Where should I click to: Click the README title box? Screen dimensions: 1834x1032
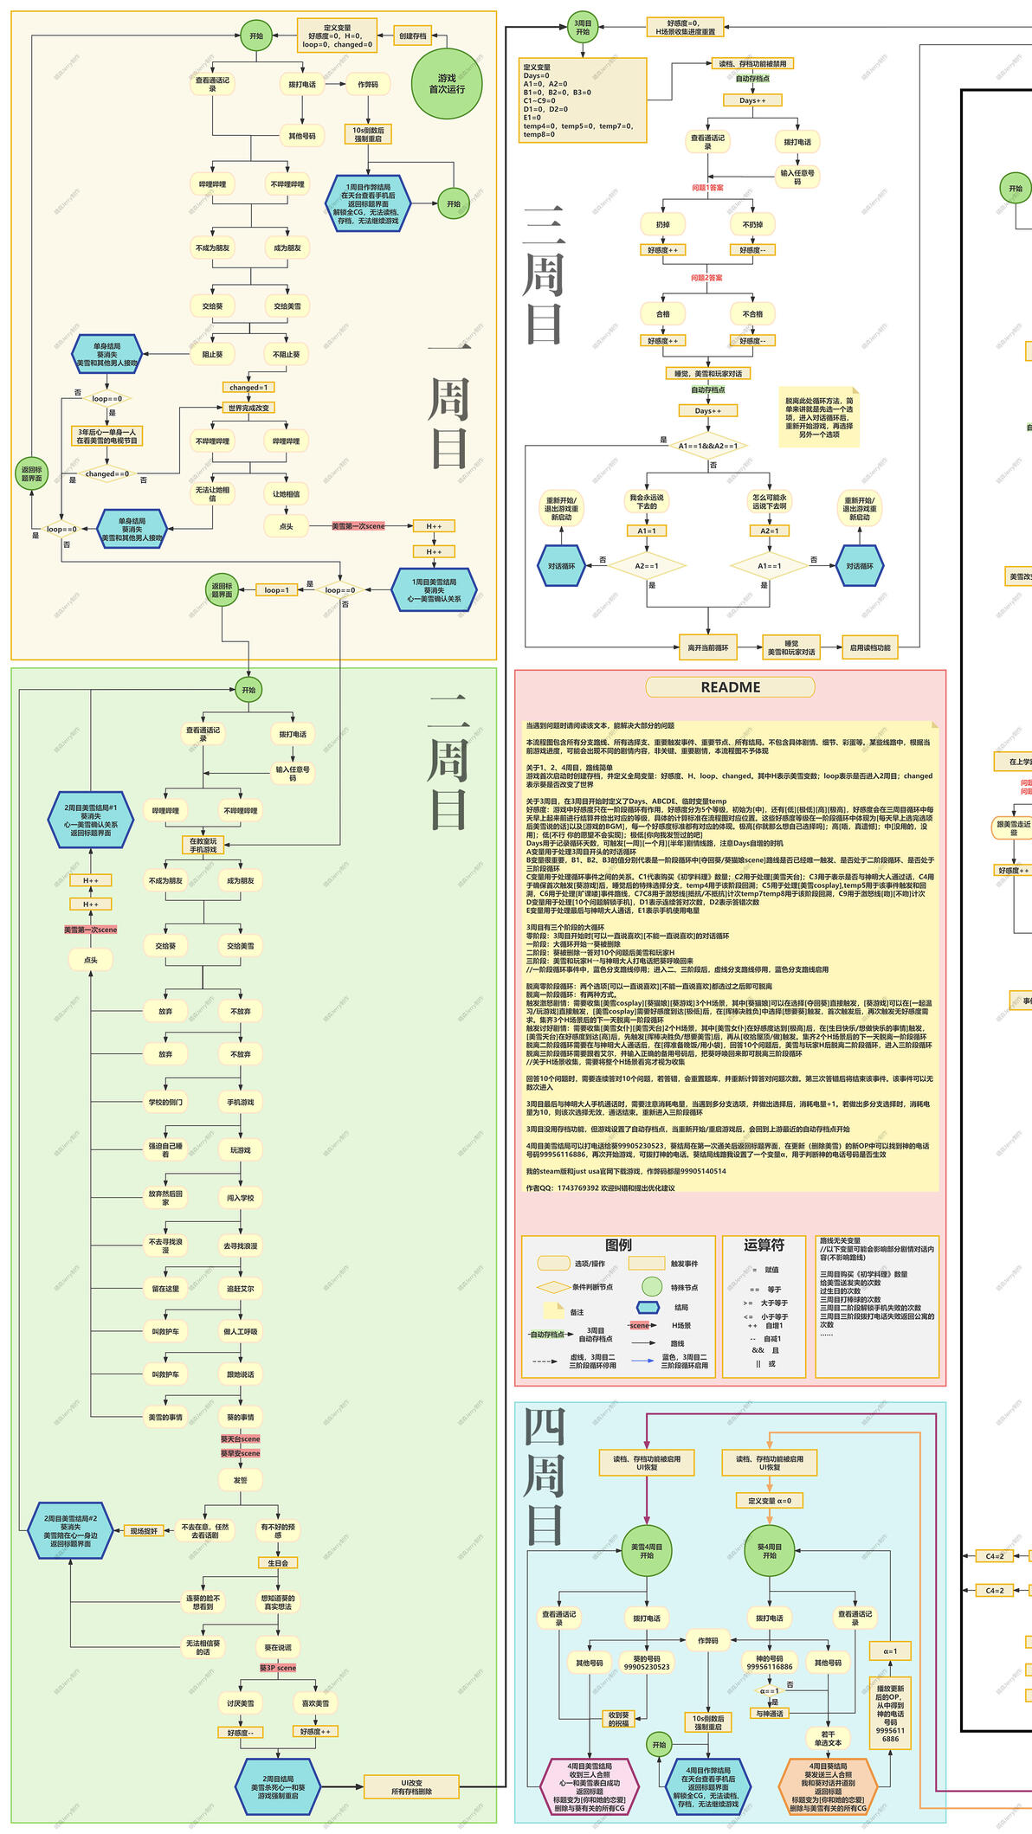[x=730, y=687]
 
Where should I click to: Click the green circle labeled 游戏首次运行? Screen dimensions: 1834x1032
[x=447, y=84]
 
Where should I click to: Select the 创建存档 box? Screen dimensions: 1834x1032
[x=413, y=36]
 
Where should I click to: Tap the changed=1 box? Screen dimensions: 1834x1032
[x=248, y=388]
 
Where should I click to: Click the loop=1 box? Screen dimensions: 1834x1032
[x=276, y=590]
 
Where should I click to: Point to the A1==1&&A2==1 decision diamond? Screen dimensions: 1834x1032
[x=708, y=446]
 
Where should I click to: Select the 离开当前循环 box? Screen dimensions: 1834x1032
[x=708, y=647]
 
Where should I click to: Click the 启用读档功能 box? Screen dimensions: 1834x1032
[x=870, y=647]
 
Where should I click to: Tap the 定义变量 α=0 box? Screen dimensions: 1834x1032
[x=770, y=1501]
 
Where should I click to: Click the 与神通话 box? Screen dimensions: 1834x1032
[x=770, y=1714]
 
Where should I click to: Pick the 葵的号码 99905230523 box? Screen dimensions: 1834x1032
[x=647, y=1663]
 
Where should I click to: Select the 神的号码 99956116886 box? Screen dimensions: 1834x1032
[x=770, y=1663]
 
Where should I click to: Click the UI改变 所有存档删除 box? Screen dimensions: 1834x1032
[x=411, y=1786]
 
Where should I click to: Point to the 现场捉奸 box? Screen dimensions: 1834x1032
[x=144, y=1531]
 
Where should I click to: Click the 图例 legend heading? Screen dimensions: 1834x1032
[x=619, y=1245]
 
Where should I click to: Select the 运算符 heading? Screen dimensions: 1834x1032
[x=764, y=1245]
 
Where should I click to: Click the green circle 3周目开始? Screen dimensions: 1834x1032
[x=583, y=28]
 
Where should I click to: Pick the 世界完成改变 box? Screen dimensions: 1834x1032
[x=248, y=408]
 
